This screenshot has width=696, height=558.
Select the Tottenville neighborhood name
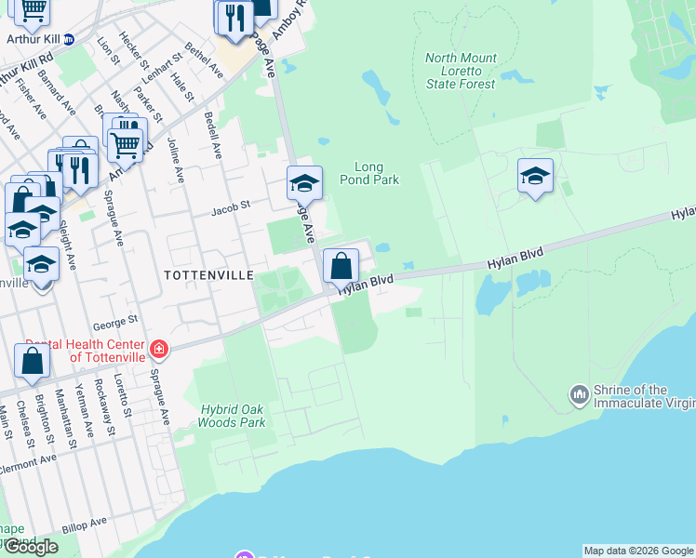[208, 275]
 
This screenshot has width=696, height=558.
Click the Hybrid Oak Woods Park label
[232, 416]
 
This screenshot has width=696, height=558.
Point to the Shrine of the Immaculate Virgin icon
[580, 396]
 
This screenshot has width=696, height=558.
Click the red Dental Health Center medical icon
[159, 351]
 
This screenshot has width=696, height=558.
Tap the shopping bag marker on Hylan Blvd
[341, 266]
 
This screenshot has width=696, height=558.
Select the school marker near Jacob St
[303, 183]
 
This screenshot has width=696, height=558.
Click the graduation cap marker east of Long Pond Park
[535, 176]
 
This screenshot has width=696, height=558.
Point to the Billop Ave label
[86, 525]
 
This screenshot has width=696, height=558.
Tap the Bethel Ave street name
[205, 59]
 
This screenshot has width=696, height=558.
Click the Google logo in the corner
[31, 547]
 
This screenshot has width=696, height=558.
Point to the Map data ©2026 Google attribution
[638, 551]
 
